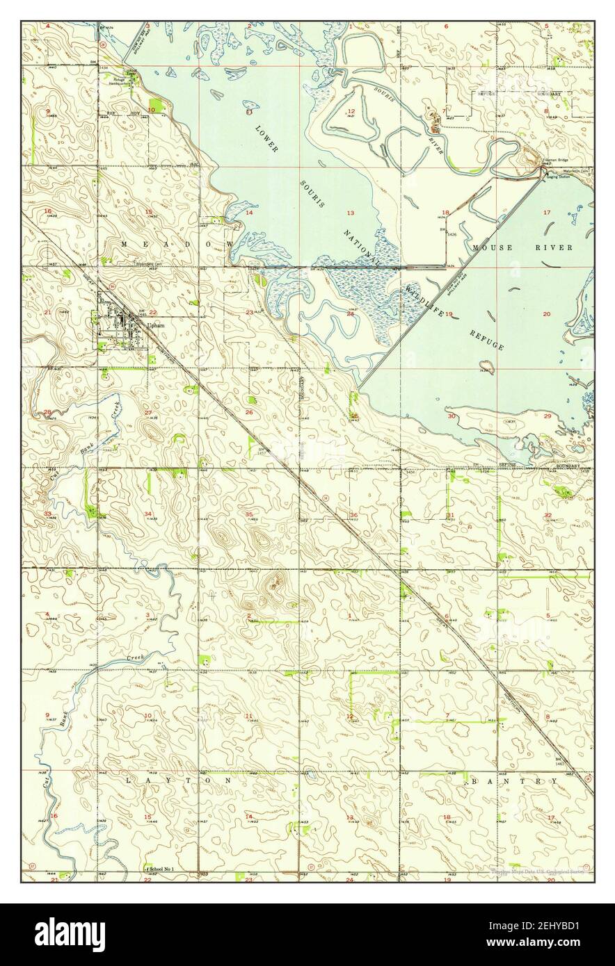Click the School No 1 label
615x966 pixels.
[161, 869]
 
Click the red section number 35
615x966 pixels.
[249, 514]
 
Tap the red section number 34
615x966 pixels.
[147, 514]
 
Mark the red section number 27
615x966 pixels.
[148, 413]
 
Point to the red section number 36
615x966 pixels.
[354, 515]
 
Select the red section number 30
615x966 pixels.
[451, 416]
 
